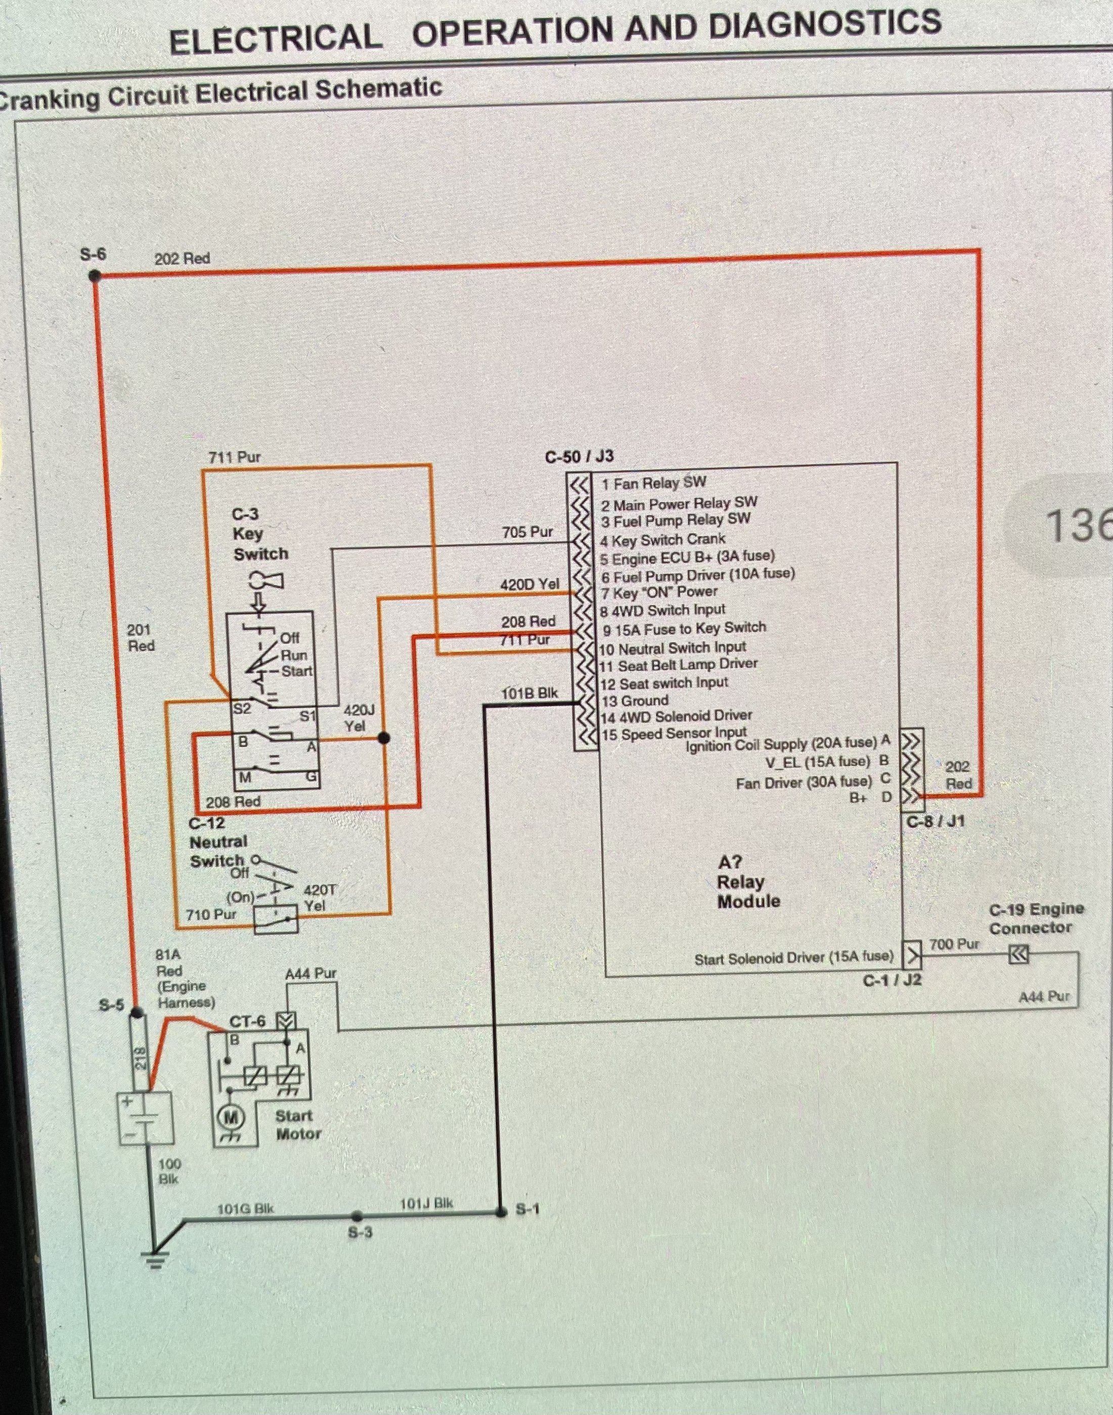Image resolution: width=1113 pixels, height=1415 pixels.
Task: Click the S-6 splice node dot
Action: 95,276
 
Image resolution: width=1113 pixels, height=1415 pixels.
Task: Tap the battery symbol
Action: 145,1119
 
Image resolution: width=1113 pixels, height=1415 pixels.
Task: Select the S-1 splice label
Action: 527,1209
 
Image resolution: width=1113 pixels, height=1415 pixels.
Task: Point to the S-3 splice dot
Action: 357,1216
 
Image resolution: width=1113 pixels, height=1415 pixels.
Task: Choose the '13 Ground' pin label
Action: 635,701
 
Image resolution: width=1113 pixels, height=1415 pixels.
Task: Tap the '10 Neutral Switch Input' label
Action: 673,648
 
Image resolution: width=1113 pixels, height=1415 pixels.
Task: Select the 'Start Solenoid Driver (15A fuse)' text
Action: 794,957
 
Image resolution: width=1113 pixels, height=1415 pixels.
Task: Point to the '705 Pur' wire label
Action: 527,532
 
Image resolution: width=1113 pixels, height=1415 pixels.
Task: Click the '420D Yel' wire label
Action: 529,584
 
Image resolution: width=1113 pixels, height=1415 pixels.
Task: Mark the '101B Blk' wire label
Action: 529,693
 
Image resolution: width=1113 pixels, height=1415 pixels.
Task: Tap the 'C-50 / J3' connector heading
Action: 580,457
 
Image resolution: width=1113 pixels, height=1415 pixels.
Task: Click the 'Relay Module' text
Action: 748,891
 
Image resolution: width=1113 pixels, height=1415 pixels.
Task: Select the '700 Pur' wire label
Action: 954,943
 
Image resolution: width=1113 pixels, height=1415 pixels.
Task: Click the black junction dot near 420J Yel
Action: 384,738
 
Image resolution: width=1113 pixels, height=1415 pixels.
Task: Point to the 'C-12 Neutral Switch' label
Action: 217,842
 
